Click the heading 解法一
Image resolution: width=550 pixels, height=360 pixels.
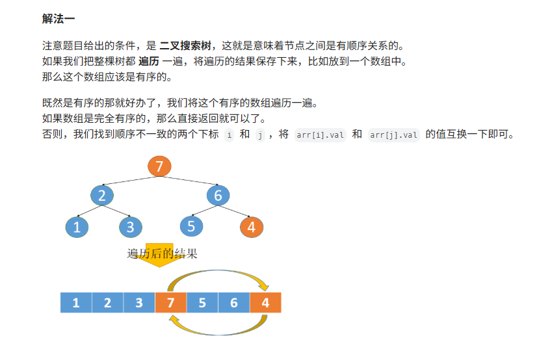59,19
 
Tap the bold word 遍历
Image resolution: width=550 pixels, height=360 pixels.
149,62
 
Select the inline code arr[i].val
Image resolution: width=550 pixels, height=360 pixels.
321,135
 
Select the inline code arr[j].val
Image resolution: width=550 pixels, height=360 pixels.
394,135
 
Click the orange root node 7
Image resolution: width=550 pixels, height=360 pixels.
159,166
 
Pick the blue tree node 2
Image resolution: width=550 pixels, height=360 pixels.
102,196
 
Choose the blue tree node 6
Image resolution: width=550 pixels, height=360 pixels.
218,196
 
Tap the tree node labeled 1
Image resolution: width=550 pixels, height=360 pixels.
77,227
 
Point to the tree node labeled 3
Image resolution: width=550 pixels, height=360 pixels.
131,227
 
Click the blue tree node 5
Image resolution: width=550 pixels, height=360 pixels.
191,226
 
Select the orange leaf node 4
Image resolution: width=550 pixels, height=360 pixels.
252,227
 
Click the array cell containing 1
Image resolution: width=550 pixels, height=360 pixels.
76,303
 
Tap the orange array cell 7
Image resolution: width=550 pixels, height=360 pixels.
170,303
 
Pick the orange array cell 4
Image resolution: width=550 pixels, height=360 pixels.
265,303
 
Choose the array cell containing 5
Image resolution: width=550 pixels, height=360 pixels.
202,303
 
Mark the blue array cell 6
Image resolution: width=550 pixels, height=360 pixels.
233,303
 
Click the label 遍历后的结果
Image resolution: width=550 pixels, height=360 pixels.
162,254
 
